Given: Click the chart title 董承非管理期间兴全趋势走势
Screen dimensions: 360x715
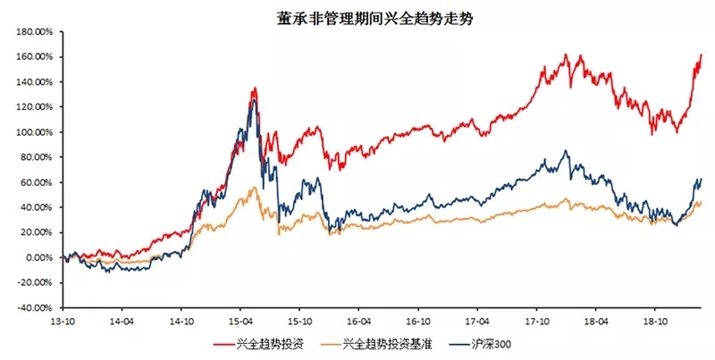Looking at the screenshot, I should (x=357, y=16).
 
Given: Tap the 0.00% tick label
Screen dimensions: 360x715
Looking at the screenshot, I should (x=41, y=257).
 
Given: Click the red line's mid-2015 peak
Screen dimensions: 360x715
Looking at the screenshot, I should (x=256, y=88).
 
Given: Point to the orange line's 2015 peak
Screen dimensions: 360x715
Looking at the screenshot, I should (x=254, y=187).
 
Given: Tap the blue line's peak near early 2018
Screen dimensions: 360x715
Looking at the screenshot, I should (x=565, y=151).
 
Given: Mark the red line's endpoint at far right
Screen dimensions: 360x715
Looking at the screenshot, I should (x=702, y=55).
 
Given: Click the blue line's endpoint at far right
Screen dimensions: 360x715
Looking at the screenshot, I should (x=702, y=179).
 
